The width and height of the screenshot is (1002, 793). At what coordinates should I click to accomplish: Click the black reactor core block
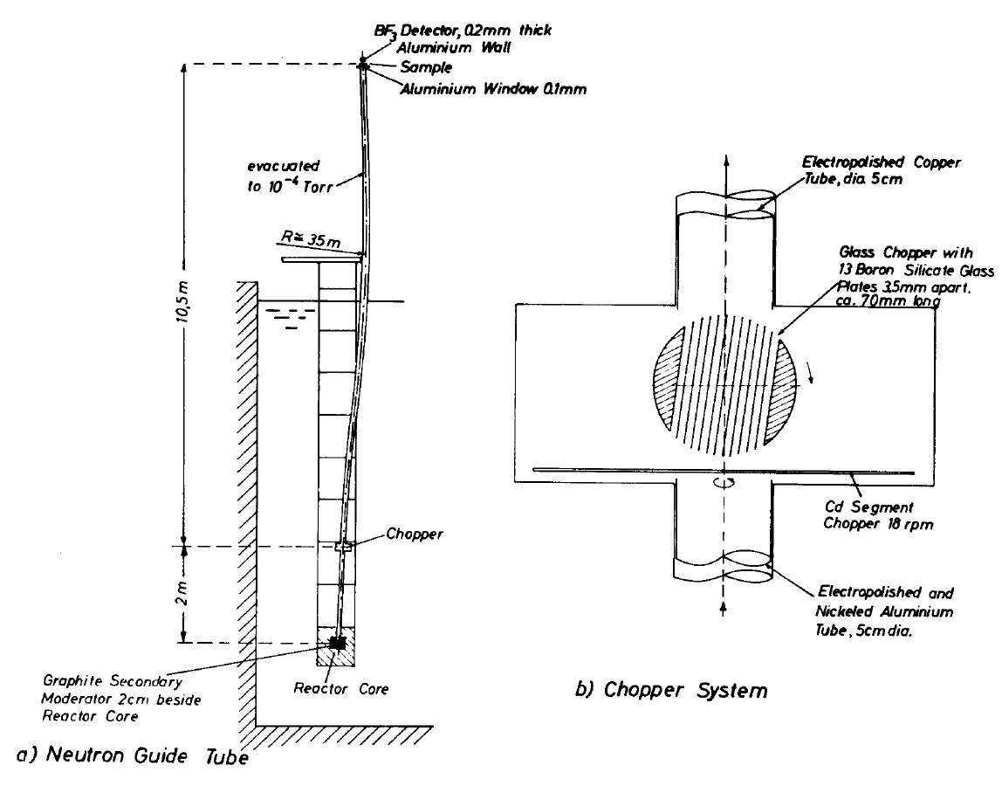tap(337, 643)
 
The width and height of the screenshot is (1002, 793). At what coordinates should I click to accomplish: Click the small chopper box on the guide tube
tap(343, 547)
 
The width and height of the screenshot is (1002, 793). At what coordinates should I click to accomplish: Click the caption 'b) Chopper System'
tap(672, 691)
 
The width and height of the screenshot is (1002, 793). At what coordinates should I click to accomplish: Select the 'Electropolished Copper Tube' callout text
tap(848, 170)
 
